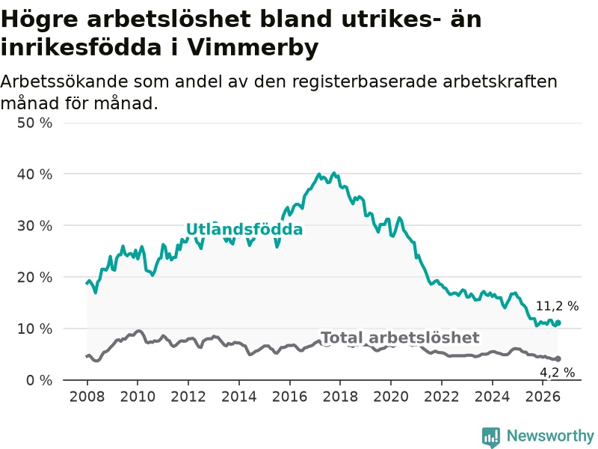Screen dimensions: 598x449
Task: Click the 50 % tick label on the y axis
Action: click(x=34, y=123)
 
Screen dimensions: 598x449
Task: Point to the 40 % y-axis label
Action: click(x=34, y=174)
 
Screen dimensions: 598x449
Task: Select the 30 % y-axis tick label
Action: click(x=34, y=226)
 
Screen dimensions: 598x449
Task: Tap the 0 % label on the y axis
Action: click(x=40, y=380)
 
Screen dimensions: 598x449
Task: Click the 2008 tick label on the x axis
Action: click(x=87, y=397)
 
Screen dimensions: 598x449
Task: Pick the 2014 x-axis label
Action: click(x=239, y=397)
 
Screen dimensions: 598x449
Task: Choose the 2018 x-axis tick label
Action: click(x=340, y=397)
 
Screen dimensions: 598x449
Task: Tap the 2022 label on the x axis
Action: click(x=442, y=397)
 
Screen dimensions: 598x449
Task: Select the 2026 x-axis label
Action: click(x=543, y=397)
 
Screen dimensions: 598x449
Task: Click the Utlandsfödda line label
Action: click(x=244, y=229)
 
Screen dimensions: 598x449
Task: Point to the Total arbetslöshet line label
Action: click(x=400, y=337)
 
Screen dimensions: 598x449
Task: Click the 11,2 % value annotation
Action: click(x=557, y=306)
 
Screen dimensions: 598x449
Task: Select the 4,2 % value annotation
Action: click(x=557, y=372)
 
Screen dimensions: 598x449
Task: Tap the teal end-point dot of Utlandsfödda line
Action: click(x=558, y=323)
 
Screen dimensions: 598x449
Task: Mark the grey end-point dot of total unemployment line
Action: click(x=558, y=359)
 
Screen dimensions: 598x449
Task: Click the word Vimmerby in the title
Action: click(x=253, y=48)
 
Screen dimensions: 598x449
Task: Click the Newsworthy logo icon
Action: click(x=491, y=437)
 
